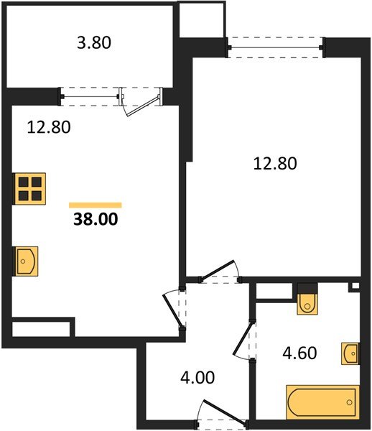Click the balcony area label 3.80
[94, 43]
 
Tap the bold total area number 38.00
[96, 219]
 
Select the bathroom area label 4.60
[299, 353]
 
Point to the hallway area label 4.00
[197, 377]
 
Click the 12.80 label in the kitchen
[49, 127]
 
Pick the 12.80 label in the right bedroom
[275, 164]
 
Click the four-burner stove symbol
[29, 188]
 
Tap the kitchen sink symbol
[26, 261]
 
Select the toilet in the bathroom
[307, 299]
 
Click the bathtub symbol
[323, 402]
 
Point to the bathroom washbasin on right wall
[350, 353]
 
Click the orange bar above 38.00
[96, 205]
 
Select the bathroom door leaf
[243, 338]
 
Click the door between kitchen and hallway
[172, 312]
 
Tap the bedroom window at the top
[275, 47]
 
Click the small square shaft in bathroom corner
[355, 286]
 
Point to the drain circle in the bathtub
[349, 402]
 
